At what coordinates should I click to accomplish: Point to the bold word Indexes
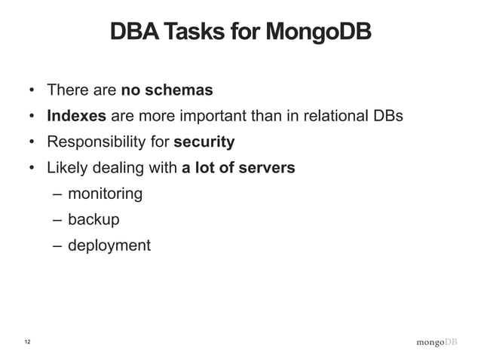coord(77,117)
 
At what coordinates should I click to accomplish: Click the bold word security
coord(204,142)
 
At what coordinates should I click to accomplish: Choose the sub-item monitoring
coord(105,194)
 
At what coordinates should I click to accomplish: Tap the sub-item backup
coord(93,220)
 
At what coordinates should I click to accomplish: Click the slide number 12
coord(28,343)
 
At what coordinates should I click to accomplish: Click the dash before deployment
coord(58,246)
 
